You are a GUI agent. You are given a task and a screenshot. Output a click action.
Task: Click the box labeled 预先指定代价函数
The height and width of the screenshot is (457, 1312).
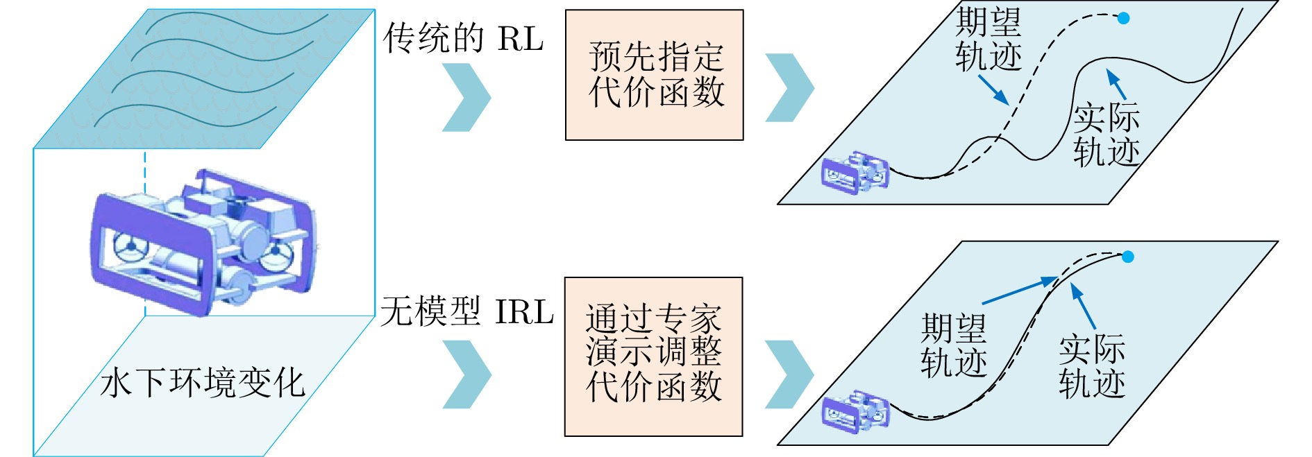tap(654, 75)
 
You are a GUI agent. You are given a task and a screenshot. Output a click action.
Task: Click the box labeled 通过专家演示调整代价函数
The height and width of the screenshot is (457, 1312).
tap(653, 356)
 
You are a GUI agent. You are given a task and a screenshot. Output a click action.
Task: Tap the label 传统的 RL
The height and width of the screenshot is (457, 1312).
tap(463, 38)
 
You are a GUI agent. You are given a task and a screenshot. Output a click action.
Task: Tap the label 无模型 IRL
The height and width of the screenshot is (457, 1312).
tap(466, 311)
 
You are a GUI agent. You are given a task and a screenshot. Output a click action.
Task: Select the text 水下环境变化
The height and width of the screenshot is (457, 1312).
tap(202, 383)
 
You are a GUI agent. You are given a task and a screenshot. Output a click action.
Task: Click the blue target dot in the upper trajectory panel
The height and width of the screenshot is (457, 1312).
tap(1123, 18)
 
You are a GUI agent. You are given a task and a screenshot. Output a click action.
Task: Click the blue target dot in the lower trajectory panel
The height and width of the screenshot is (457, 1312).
tap(1128, 257)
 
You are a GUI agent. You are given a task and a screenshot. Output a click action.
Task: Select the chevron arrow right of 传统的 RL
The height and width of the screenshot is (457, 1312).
tap(466, 97)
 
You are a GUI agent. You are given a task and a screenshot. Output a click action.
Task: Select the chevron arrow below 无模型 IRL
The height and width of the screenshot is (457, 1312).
tap(466, 374)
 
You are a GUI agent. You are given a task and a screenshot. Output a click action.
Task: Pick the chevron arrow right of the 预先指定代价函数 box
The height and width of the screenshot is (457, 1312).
tap(789, 88)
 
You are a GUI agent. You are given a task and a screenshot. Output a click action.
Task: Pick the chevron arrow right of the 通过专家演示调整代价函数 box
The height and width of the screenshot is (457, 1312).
tap(789, 374)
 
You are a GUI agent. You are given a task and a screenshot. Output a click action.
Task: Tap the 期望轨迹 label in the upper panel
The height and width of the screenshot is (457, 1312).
tap(989, 39)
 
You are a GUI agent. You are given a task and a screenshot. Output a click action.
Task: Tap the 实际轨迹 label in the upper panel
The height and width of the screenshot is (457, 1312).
tap(1107, 135)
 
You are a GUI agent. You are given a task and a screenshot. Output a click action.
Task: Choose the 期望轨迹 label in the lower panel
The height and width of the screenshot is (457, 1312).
tap(954, 345)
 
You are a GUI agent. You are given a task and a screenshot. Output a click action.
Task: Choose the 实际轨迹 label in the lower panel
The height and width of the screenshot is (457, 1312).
tap(1092, 365)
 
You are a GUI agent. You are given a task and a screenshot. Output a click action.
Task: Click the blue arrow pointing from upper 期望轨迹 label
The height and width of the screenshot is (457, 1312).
tap(993, 89)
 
